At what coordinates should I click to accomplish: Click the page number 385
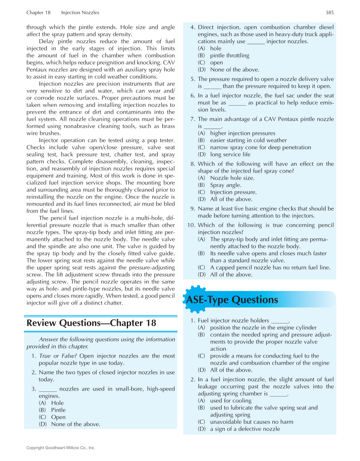coord(329,13)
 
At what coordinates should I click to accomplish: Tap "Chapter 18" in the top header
coord(38,13)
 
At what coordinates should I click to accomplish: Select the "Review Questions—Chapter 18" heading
coord(91,323)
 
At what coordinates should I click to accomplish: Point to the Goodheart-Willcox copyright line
coord(61,448)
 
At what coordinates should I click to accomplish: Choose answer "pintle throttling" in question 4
coord(229,56)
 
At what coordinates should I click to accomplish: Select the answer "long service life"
coord(230,154)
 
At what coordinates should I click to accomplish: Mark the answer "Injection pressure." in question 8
coord(233,192)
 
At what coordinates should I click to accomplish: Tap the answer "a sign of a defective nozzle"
coord(245,429)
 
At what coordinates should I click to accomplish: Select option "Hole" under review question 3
coord(57,403)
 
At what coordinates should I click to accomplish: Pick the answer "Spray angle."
coord(226,185)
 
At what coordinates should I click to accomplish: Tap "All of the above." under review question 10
coord(231,274)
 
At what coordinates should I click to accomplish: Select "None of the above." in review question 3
coord(75,424)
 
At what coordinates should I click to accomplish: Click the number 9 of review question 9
coord(193,209)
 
